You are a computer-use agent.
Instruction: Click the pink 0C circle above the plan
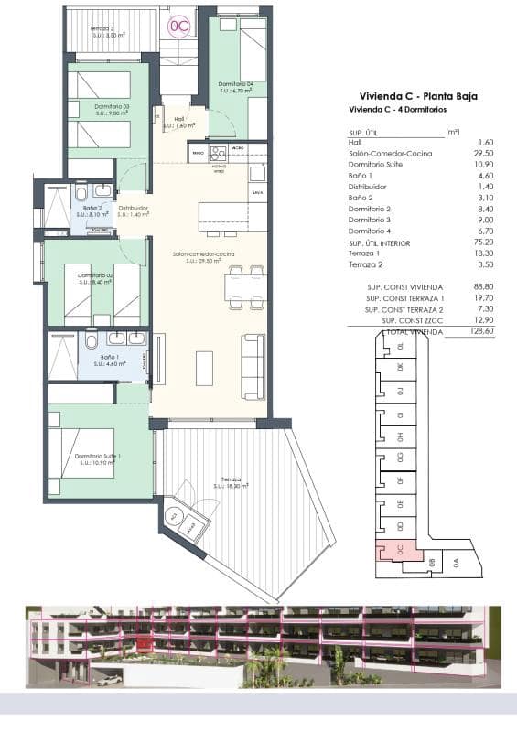click(178, 27)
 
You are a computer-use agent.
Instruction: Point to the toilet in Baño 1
click(92, 341)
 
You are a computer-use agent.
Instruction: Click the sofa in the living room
click(253, 366)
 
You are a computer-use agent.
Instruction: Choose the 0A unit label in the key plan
click(458, 563)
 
